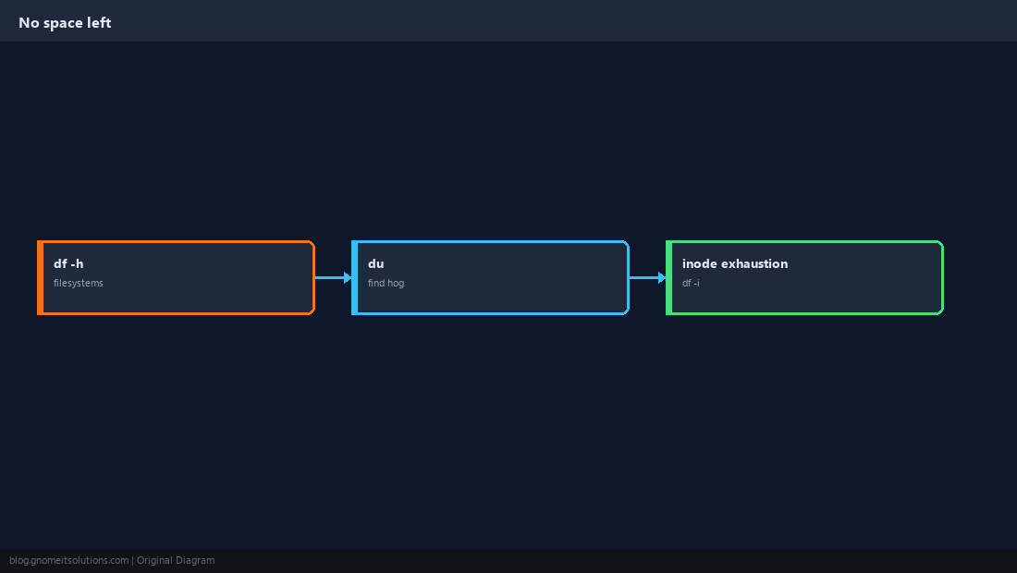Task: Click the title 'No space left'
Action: coord(65,23)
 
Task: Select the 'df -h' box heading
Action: coord(68,263)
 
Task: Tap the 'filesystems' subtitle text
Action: coord(79,283)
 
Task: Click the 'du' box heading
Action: coord(376,263)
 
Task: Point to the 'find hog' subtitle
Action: coord(386,283)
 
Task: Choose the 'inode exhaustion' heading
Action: coord(735,263)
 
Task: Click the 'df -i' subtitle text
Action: coord(691,283)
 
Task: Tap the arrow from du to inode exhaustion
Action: coord(647,277)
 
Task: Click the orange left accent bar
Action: coord(40,277)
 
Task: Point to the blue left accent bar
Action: coord(354,277)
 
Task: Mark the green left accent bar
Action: coord(668,277)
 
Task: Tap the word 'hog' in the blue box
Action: coord(397,283)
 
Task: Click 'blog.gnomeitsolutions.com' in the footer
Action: coord(68,561)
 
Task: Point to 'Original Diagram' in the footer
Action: coord(176,561)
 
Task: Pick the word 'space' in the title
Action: coord(63,23)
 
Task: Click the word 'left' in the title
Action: coord(99,23)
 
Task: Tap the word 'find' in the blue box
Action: coord(376,283)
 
